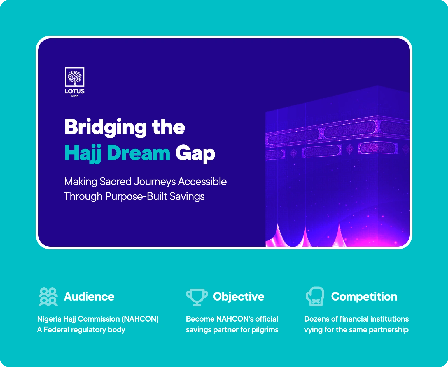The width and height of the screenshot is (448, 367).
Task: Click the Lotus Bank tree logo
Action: click(x=74, y=77)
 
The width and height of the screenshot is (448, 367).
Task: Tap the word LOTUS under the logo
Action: click(x=74, y=91)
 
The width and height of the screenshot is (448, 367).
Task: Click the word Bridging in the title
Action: click(x=105, y=128)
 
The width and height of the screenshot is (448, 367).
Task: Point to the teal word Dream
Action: click(x=138, y=153)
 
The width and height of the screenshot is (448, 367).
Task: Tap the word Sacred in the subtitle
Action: click(x=115, y=182)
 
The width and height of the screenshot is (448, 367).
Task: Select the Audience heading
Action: click(x=89, y=297)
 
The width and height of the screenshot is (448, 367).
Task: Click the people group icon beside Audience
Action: click(x=48, y=297)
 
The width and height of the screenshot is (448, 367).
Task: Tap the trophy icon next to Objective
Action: click(x=197, y=297)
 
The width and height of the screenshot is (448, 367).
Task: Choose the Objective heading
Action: click(x=239, y=297)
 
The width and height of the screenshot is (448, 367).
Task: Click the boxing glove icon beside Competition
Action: click(x=315, y=297)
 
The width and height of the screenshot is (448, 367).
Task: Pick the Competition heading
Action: click(x=364, y=297)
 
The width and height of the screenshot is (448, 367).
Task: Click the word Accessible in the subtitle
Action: click(x=202, y=182)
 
